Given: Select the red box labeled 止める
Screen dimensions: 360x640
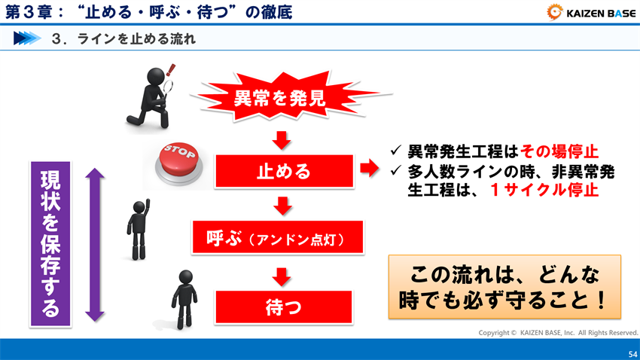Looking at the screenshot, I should pos(284,171).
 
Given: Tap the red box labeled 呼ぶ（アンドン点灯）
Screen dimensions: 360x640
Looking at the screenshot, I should pos(278,239).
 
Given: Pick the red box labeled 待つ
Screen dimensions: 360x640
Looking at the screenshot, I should pos(284,307).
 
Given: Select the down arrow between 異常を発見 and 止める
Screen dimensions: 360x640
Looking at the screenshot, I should pos(282,139).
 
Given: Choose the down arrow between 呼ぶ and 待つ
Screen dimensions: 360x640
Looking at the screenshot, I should pos(282,275).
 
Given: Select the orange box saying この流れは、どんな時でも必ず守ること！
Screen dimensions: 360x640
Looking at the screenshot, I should pos(504,286).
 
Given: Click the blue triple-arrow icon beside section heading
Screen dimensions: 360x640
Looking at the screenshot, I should pos(26,38).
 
